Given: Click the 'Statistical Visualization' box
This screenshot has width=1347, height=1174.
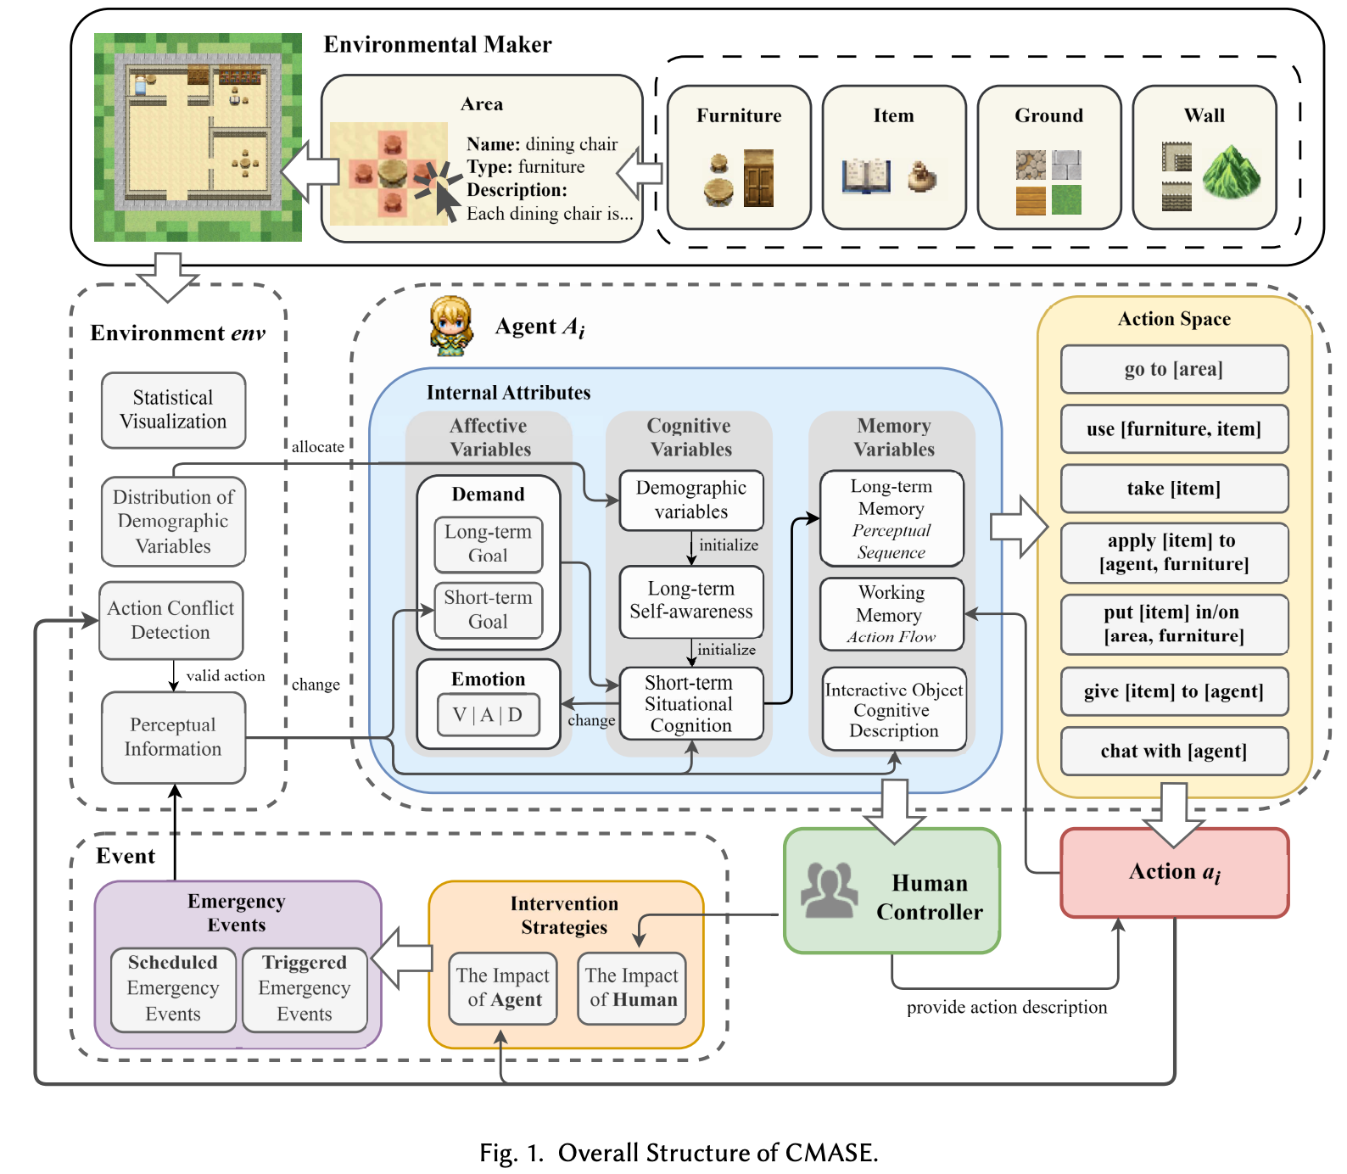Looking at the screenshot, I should (173, 410).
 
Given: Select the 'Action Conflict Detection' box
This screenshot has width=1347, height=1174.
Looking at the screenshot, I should (171, 620).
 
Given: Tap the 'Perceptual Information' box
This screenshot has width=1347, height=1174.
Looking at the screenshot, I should (173, 736).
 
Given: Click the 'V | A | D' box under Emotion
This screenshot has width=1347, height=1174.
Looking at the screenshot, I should (487, 715).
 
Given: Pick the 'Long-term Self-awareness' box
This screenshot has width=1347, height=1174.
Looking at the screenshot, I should (690, 601).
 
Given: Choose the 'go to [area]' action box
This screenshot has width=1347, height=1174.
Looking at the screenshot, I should (1174, 369).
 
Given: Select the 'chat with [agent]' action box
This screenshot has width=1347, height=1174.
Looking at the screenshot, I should (1174, 751).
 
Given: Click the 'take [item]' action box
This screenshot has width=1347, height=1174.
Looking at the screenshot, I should (1174, 488).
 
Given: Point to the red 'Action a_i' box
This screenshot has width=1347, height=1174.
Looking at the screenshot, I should (1174, 873).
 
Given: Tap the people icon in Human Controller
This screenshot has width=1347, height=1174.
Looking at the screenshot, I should (829, 890).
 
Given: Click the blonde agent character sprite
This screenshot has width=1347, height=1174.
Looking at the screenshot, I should (450, 325).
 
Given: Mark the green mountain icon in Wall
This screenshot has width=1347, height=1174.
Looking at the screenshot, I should (1231, 172).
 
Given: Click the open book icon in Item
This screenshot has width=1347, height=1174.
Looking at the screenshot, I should (865, 176).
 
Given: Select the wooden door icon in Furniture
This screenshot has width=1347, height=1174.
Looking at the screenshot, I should (758, 178).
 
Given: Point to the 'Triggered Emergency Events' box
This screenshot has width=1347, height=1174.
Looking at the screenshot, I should (305, 989).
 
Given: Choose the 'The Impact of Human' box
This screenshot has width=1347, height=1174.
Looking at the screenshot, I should (632, 988).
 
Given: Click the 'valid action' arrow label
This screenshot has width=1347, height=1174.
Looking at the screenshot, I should (226, 676).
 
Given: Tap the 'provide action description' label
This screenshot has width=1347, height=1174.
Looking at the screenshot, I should (1007, 1008).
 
